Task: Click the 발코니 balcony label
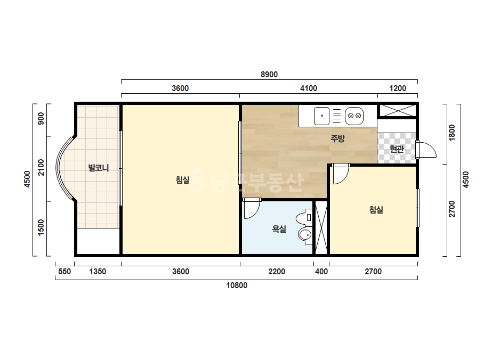click(x=99, y=168)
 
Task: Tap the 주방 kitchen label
click(x=337, y=138)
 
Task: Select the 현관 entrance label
click(x=397, y=149)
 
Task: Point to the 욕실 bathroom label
click(x=279, y=229)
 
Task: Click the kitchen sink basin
click(x=321, y=116)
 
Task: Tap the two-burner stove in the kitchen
click(x=354, y=116)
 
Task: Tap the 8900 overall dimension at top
click(x=269, y=75)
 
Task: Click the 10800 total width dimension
click(x=237, y=285)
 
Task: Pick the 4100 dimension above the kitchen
click(x=309, y=88)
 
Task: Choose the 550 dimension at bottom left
click(x=64, y=272)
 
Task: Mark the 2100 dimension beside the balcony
click(x=41, y=167)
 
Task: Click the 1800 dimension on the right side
click(x=452, y=133)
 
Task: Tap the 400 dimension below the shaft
click(x=321, y=272)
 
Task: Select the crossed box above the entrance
click(x=398, y=111)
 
